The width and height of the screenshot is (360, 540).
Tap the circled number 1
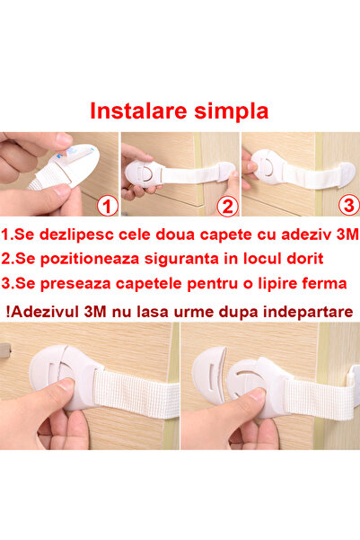pyautogui.click(x=107, y=207)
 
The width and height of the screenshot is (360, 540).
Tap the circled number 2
pyautogui.click(x=225, y=207)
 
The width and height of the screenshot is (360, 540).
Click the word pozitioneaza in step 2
pyautogui.click(x=87, y=259)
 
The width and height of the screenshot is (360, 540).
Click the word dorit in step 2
pyautogui.click(x=303, y=259)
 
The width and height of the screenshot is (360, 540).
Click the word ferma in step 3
pyautogui.click(x=320, y=284)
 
